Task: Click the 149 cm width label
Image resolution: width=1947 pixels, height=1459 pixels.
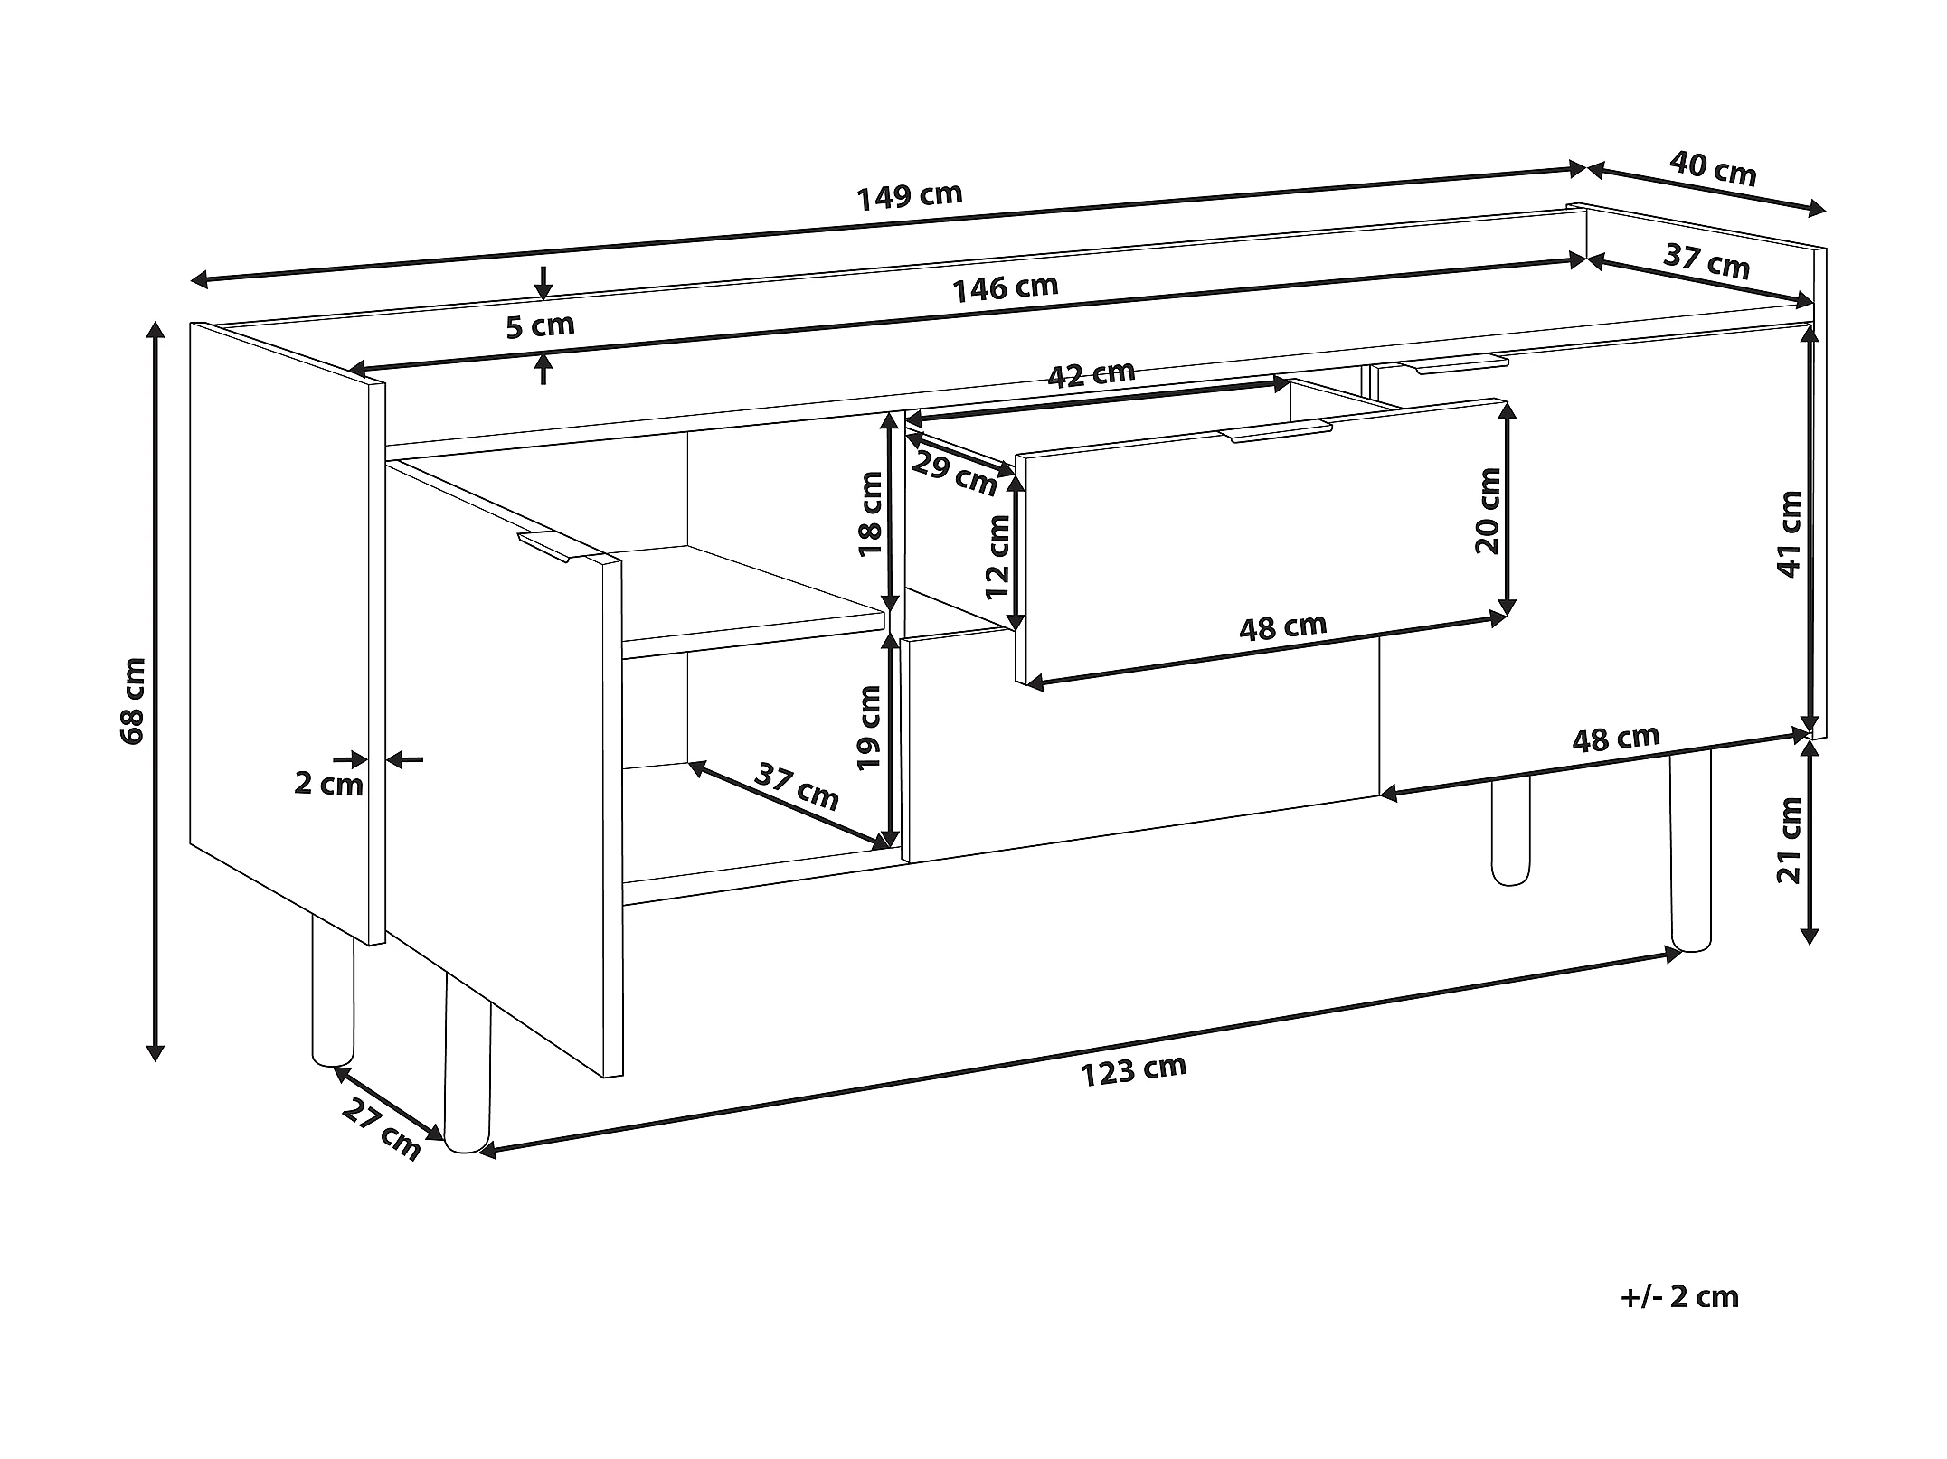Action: (909, 196)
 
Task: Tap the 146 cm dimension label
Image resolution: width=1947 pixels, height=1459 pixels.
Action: (1005, 287)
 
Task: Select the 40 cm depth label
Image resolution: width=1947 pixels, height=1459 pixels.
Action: (1713, 169)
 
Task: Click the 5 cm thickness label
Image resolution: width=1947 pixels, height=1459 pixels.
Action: (540, 325)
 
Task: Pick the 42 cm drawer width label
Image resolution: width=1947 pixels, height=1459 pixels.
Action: (1091, 374)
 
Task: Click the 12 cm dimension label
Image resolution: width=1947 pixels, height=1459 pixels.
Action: (997, 557)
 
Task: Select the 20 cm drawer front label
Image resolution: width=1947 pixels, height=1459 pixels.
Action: (1487, 510)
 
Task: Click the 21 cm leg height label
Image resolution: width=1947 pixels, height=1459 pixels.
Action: (1790, 840)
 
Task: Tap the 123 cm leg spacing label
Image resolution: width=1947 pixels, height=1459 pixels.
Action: (1133, 1070)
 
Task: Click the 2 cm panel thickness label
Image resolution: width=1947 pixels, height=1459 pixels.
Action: (328, 783)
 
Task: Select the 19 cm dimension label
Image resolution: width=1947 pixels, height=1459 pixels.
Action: (870, 727)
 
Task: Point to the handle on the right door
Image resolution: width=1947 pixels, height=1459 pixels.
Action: (1460, 364)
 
